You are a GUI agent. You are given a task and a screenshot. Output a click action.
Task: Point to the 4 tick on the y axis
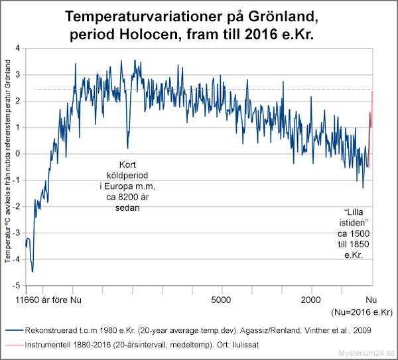click(18, 48)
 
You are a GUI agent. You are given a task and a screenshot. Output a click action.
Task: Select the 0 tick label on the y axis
click(18, 154)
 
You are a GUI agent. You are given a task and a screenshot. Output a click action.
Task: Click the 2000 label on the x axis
click(311, 299)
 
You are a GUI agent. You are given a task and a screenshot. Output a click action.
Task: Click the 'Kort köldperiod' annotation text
click(124, 186)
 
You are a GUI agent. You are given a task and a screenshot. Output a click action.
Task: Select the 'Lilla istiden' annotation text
click(352, 230)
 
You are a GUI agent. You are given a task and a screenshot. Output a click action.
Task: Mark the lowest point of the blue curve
click(32, 272)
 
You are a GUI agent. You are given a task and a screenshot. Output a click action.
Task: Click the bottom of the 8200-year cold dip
click(127, 148)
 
